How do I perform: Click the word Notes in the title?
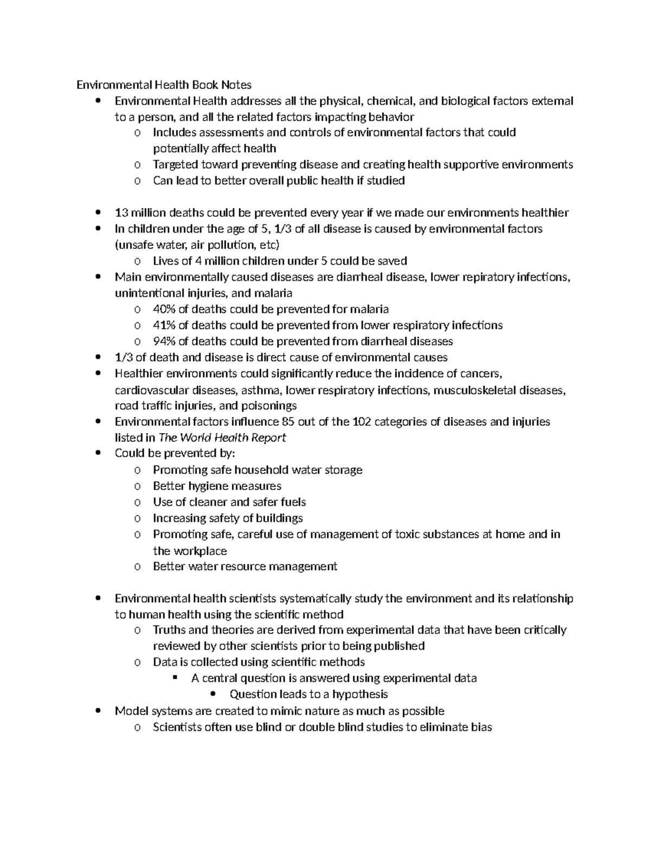coord(236,85)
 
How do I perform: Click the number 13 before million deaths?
coord(122,213)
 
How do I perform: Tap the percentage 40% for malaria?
coord(164,309)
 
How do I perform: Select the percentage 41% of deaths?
coord(164,325)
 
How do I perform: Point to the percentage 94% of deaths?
coord(164,342)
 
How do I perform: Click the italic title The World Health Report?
coord(222,438)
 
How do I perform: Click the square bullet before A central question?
coord(175,678)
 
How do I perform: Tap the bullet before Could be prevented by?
coord(98,454)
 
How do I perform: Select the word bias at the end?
coord(481,727)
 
